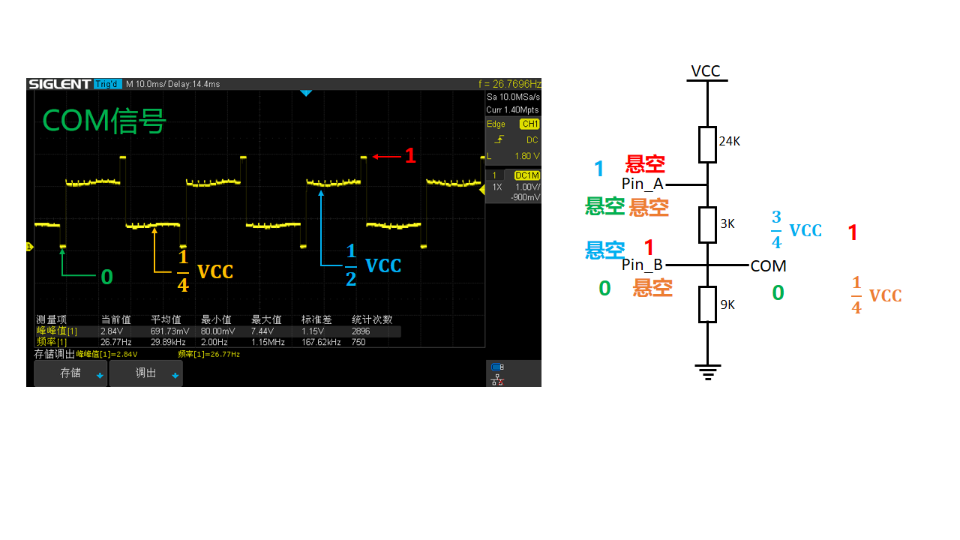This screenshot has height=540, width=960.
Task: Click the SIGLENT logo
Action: pos(59,84)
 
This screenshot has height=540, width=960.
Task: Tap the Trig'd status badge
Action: pos(107,84)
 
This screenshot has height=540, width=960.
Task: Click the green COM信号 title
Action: pos(104,121)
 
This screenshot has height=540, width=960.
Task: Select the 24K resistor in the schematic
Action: pos(707,145)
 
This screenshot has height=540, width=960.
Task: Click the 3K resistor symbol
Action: pos(707,225)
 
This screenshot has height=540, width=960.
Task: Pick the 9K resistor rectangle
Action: pos(707,304)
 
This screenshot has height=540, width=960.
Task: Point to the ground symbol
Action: pos(707,372)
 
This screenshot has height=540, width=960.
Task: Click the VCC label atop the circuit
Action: pos(706,70)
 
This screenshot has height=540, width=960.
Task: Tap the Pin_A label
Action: pos(643,184)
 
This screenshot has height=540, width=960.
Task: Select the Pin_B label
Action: pos(642,265)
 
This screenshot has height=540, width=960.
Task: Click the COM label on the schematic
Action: pos(768,266)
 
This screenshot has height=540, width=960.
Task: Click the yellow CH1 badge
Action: pos(529,124)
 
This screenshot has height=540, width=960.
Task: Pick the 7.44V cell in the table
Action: pos(262,331)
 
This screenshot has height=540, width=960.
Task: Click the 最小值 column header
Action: pos(216,319)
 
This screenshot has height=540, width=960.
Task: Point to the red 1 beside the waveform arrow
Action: pos(410,155)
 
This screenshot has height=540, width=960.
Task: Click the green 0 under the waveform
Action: pos(106,277)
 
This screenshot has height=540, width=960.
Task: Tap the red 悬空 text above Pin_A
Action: pos(645,163)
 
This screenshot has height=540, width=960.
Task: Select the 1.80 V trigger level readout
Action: pos(527,156)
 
